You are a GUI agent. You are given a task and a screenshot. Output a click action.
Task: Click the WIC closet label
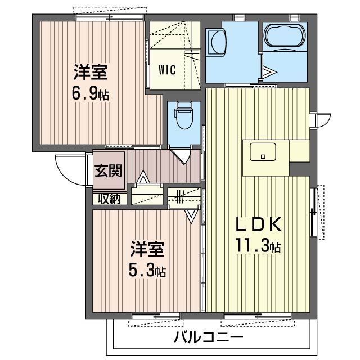167,70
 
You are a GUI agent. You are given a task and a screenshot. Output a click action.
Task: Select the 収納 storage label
109,198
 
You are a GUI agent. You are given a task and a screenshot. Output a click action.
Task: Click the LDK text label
258,224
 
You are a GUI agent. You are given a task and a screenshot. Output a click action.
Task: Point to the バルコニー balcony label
208,338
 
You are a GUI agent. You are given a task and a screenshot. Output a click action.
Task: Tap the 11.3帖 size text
258,246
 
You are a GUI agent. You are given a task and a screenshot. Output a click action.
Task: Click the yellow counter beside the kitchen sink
299,151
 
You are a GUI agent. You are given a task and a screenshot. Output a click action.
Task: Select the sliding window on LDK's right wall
313,211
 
